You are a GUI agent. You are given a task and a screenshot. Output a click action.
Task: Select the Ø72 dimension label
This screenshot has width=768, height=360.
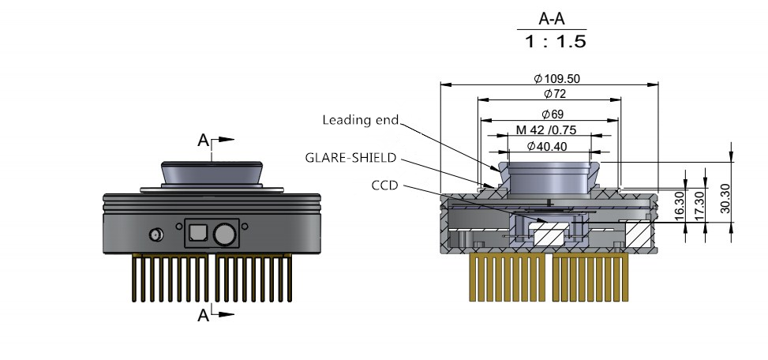point(549,94)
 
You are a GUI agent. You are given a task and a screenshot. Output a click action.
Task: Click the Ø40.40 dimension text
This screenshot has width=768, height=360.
point(549,146)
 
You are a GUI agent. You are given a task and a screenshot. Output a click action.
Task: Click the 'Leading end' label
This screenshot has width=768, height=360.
point(361,121)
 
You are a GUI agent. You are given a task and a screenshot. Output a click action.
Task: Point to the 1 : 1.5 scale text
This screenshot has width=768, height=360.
point(556,42)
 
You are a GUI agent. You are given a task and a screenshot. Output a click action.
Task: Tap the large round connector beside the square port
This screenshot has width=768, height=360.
point(224,234)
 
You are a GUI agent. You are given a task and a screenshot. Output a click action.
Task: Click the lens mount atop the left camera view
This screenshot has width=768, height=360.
point(212,174)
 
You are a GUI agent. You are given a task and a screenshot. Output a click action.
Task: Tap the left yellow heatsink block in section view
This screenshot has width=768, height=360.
point(508,277)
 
